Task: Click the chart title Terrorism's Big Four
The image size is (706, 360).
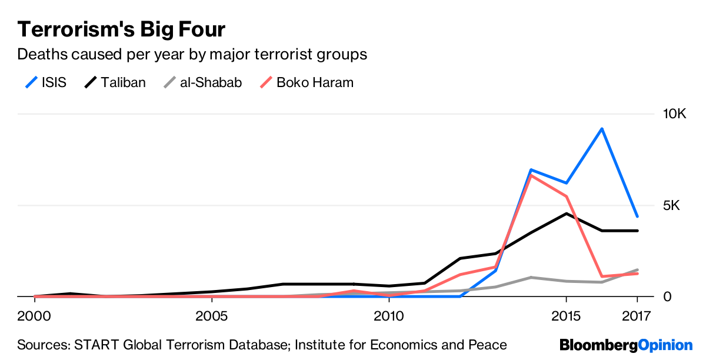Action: coord(121,29)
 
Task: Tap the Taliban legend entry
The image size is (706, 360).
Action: coord(115,82)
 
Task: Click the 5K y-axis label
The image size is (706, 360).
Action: coord(671,205)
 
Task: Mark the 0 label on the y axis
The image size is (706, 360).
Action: coord(667,297)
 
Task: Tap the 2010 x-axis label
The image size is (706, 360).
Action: coord(389,316)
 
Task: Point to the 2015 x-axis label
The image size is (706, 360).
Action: coord(566,316)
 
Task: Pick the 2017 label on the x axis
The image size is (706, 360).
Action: coord(637,316)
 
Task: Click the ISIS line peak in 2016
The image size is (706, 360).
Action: coord(601,128)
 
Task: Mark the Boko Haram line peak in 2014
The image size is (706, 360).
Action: coord(531,175)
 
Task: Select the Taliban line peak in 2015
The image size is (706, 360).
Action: coord(566,214)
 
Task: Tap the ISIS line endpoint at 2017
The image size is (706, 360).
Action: coord(637,216)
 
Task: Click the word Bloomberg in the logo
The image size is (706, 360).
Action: coord(598,345)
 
